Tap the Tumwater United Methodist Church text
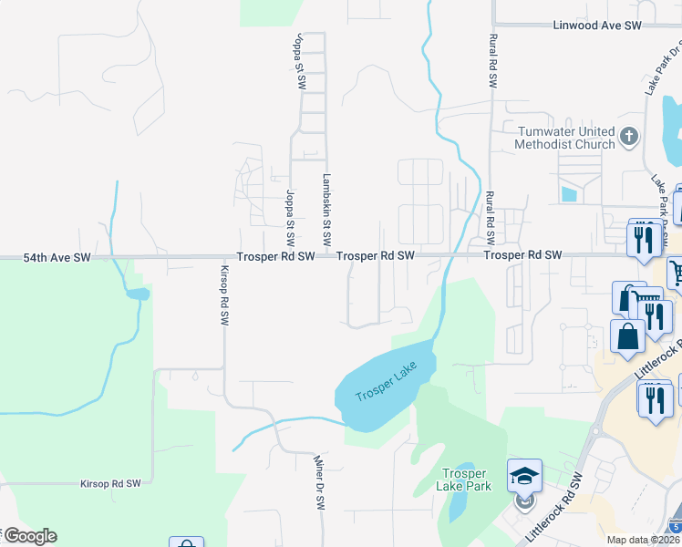click(x=565, y=138)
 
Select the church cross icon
click(x=628, y=138)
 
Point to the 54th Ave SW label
click(x=57, y=258)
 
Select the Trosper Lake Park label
click(x=467, y=480)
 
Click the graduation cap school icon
click(x=524, y=476)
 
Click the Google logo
click(x=29, y=536)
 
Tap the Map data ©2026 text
click(x=642, y=540)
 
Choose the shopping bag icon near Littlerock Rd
click(x=628, y=335)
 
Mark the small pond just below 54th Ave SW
click(x=137, y=294)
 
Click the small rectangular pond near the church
click(x=569, y=193)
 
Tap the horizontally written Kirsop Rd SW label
click(x=110, y=483)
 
